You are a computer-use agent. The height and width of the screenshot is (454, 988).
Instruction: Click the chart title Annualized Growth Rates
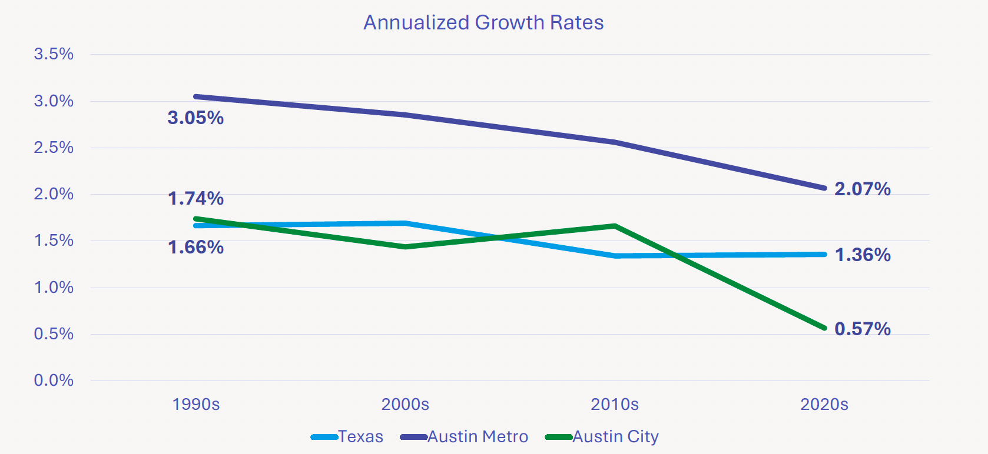tap(483, 22)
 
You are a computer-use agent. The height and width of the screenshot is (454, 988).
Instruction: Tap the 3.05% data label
tap(195, 118)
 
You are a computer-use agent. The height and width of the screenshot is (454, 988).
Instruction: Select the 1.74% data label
tap(195, 198)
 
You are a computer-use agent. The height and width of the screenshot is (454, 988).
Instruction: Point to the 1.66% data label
tap(195, 247)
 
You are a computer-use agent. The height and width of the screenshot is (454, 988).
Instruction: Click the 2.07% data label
tap(862, 189)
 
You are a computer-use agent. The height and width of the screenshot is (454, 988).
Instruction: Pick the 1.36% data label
tap(862, 255)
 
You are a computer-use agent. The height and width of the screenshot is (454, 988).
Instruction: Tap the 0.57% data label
tap(862, 329)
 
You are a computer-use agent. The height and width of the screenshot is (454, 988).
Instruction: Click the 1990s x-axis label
tap(195, 405)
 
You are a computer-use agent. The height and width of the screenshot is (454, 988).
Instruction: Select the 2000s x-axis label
tap(405, 405)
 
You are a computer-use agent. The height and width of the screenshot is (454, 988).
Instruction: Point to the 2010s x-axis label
tap(615, 405)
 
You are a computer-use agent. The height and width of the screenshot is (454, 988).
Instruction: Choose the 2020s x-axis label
tap(824, 405)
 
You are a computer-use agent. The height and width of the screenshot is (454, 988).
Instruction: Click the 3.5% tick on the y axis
tap(54, 54)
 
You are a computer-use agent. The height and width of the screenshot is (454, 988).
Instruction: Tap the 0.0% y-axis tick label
tap(54, 380)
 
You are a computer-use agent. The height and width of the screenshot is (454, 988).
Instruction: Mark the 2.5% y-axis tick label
tap(54, 148)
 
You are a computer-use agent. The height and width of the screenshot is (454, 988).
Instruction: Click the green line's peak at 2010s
tap(615, 226)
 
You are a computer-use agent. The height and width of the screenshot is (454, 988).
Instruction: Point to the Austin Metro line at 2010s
tap(615, 142)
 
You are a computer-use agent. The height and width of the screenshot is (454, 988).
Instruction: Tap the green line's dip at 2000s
tap(405, 246)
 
